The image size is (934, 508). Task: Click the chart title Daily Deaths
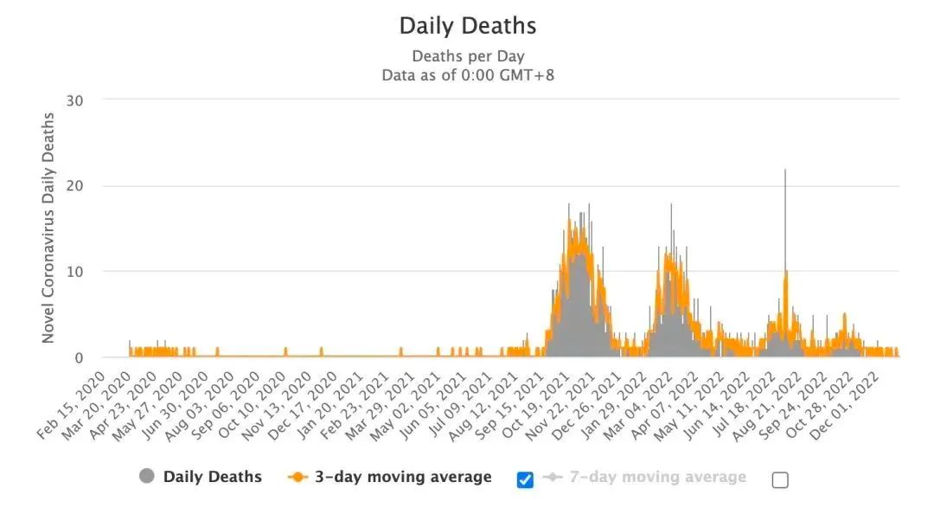(x=467, y=26)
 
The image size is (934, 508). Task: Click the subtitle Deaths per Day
(x=467, y=56)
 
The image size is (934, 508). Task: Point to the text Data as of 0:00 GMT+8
(x=467, y=75)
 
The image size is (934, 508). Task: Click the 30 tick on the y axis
(x=75, y=100)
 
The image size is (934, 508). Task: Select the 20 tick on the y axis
(x=75, y=185)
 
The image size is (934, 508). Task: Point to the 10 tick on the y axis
(x=75, y=271)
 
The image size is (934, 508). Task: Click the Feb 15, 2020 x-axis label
(x=73, y=407)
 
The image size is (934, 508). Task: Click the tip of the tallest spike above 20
(x=785, y=170)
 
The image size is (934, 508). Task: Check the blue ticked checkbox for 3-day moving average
(x=525, y=479)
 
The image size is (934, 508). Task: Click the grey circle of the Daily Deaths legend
(x=147, y=477)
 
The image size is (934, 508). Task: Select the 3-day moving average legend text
(x=402, y=477)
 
